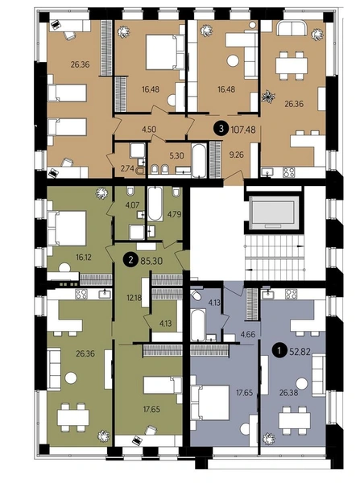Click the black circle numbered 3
click(221, 129)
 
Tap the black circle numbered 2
click(130, 261)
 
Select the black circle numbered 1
click(279, 351)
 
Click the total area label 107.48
click(243, 130)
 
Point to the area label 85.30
click(151, 261)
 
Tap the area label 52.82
click(300, 352)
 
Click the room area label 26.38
click(289, 393)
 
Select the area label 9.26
click(236, 155)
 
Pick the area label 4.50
click(149, 130)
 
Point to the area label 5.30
click(176, 155)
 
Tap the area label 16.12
click(84, 258)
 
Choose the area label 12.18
click(134, 298)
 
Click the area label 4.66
click(248, 334)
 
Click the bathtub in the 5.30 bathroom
click(198, 160)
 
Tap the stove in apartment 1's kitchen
click(291, 294)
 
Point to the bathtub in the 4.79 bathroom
click(155, 204)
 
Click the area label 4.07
click(133, 204)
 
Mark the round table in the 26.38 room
click(301, 384)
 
